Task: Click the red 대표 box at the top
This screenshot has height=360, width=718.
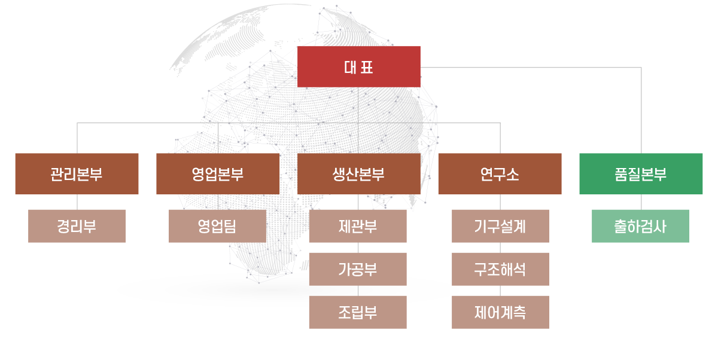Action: (x=359, y=66)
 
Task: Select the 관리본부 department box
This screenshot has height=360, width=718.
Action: (x=77, y=174)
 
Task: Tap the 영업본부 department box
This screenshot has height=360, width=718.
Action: (x=218, y=174)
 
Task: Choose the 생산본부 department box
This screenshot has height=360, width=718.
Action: (x=358, y=174)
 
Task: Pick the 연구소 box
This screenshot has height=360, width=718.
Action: (x=500, y=174)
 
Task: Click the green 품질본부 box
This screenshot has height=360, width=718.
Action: (x=641, y=174)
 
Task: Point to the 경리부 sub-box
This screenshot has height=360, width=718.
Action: (x=77, y=226)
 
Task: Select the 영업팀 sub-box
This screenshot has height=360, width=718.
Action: (x=217, y=226)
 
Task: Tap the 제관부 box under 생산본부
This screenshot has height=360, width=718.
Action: (x=358, y=226)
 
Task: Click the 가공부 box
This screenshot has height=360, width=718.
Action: (x=358, y=269)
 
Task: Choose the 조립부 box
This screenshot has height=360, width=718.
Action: (x=358, y=312)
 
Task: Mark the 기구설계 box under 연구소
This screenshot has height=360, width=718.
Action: (x=500, y=226)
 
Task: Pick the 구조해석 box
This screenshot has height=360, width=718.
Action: (x=500, y=269)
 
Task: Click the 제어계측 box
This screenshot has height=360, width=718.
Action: (x=500, y=312)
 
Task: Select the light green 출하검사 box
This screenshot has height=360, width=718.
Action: (x=640, y=226)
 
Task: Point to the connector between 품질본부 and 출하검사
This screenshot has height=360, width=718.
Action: (x=641, y=202)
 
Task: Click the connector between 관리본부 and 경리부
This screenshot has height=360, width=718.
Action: (x=77, y=202)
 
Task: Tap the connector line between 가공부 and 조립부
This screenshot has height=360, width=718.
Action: (x=358, y=291)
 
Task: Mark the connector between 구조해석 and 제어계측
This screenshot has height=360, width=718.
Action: (x=500, y=291)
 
